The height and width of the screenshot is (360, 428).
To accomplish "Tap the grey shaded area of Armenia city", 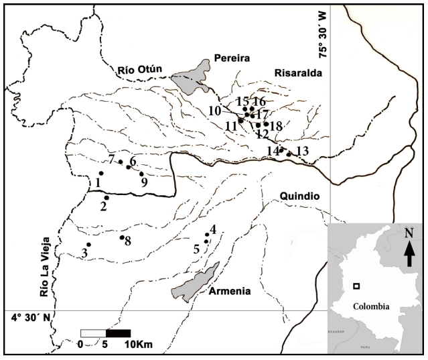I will tap(194, 282).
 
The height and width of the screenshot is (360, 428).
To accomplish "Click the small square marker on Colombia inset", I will tap(356, 286).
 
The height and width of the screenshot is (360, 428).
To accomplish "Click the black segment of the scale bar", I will tap(118, 333).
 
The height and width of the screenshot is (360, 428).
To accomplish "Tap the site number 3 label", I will tap(84, 253).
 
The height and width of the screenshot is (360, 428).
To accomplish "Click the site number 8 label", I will tap(127, 240).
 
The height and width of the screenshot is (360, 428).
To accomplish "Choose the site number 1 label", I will tap(98, 182).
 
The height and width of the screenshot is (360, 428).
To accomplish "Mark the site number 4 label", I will tap(213, 230).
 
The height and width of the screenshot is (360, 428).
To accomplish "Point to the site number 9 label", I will tap(143, 182).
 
